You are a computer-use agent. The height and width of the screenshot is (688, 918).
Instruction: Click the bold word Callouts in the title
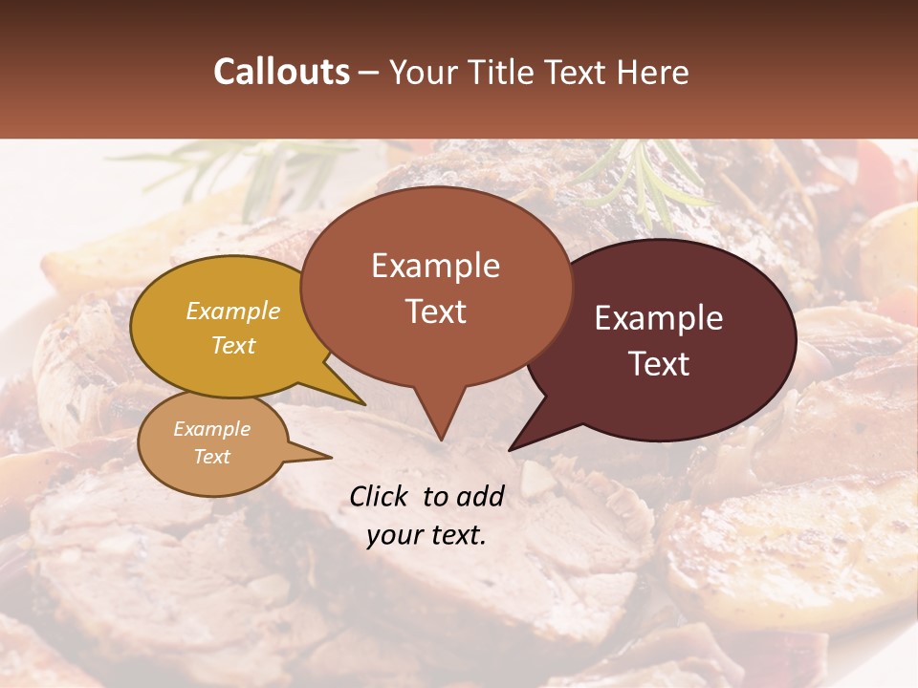pos(281,72)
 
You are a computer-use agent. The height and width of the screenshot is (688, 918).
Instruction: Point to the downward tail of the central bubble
pos(439,420)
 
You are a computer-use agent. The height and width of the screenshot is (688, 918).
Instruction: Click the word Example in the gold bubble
pos(233,311)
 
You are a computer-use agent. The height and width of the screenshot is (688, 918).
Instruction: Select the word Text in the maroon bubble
pos(660,364)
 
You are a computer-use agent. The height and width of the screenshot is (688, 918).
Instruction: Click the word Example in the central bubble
pos(435,266)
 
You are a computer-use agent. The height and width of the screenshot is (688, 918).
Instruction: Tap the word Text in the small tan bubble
pos(211,457)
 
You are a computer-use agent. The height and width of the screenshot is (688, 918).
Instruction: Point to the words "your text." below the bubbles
pos(426,535)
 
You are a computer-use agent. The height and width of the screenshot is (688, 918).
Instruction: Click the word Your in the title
pos(419,72)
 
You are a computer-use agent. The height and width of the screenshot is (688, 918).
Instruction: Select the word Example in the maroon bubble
pos(659,318)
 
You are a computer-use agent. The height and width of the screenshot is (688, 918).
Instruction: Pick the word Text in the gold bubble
pos(233,345)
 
